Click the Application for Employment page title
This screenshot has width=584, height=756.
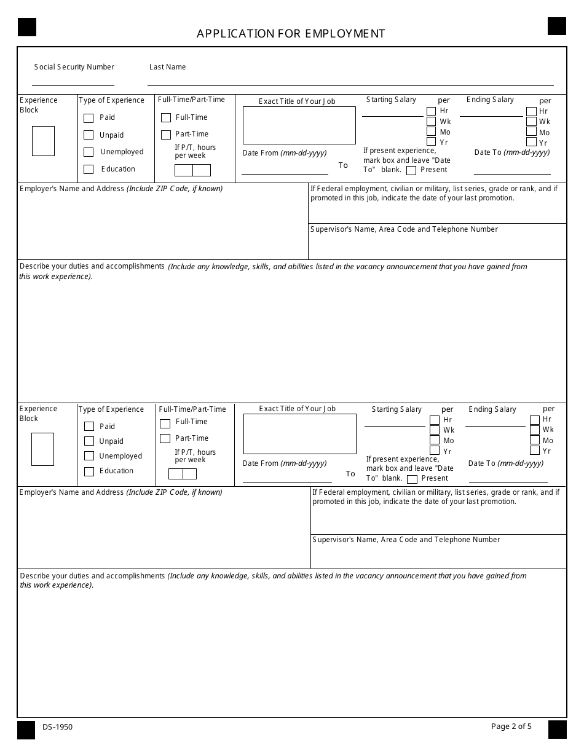click(291, 34)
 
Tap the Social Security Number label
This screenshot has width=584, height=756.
click(74, 67)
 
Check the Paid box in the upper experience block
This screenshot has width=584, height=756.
click(89, 118)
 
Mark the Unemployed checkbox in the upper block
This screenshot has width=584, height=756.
click(89, 152)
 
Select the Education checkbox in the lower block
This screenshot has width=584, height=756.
click(89, 471)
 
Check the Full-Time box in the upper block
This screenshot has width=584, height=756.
click(166, 117)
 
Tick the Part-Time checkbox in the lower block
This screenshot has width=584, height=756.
click(165, 438)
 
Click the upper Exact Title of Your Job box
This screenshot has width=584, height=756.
click(299, 125)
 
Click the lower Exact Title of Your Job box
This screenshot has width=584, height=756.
click(299, 434)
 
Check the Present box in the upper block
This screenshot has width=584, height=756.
click(411, 170)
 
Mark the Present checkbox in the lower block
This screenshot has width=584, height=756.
click(412, 479)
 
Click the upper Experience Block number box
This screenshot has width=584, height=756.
click(43, 141)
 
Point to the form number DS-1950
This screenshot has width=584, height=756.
click(58, 727)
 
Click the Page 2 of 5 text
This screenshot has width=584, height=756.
click(511, 726)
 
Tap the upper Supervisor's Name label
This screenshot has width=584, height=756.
click(404, 229)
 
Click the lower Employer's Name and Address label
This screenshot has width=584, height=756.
click(121, 492)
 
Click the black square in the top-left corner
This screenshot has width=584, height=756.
click(27, 27)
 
